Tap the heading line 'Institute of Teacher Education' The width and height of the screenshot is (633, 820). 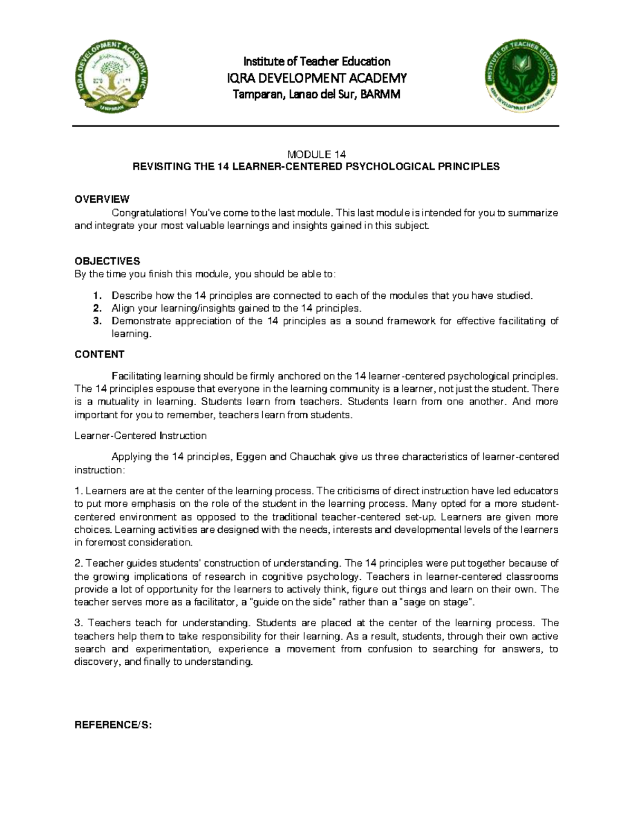pos(316,61)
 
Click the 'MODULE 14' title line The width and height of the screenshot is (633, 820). pos(316,155)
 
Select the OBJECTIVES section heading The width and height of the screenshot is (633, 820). pos(107,261)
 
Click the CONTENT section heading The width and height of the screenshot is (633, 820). pos(99,354)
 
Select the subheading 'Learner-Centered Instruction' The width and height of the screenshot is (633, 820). pos(140,436)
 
